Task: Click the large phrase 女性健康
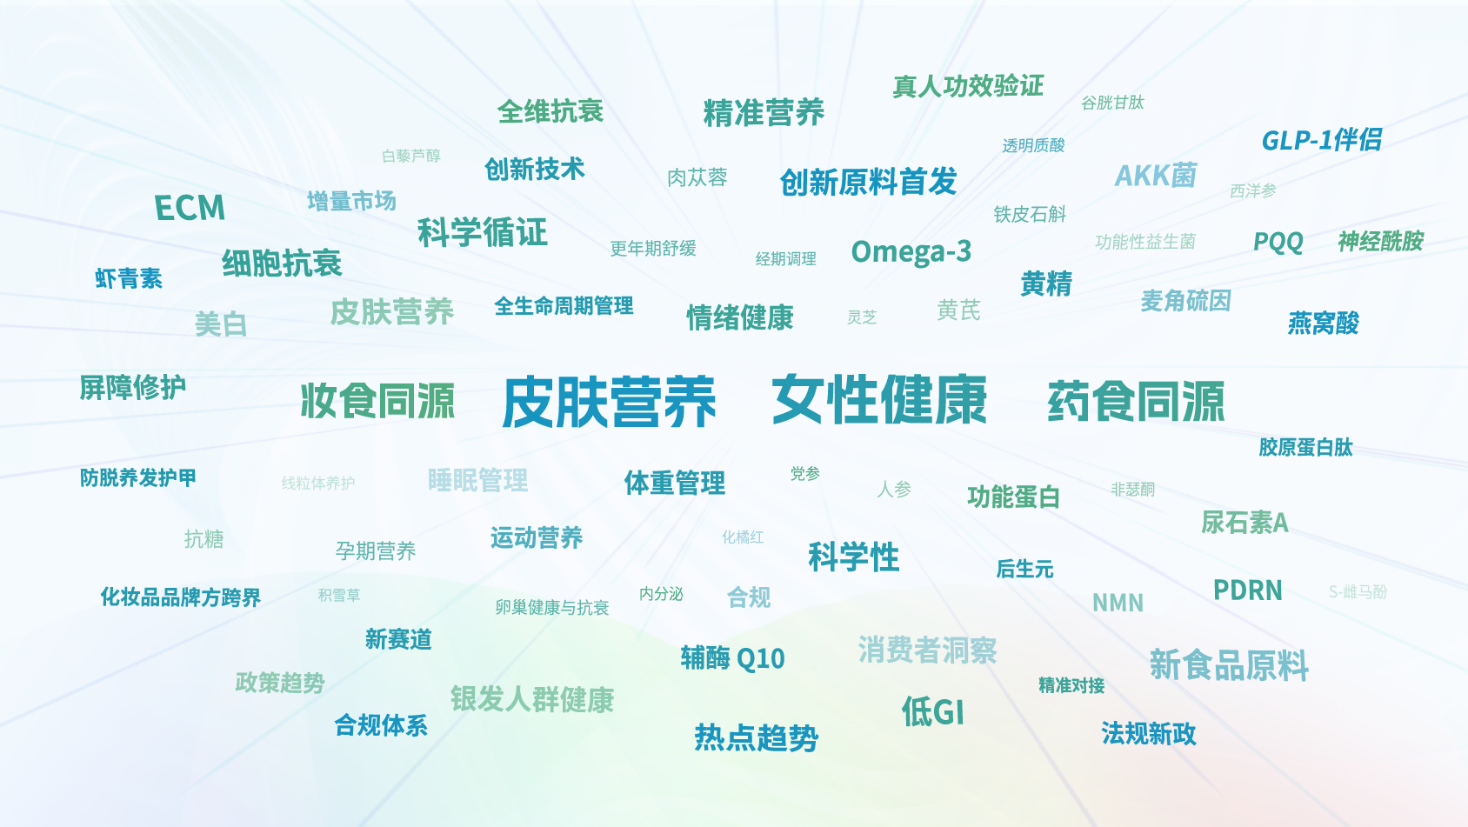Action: [879, 399]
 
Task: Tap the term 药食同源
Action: [1136, 401]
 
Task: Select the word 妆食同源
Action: [377, 400]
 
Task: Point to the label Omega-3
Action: [911, 251]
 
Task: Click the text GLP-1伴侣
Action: [1321, 140]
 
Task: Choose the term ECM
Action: [190, 208]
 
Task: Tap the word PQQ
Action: [1278, 242]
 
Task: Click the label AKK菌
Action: [1156, 175]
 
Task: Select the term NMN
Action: [1118, 603]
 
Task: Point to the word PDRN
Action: [1247, 590]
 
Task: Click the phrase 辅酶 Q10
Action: [732, 658]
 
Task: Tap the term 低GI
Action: [932, 711]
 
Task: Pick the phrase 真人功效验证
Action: [968, 86]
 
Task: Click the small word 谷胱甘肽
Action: [1112, 103]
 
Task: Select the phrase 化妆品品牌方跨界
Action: [180, 597]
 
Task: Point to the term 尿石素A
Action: [1244, 523]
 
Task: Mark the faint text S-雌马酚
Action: [1358, 591]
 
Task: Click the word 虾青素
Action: [129, 278]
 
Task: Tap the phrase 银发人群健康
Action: [532, 699]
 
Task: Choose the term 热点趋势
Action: [757, 738]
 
